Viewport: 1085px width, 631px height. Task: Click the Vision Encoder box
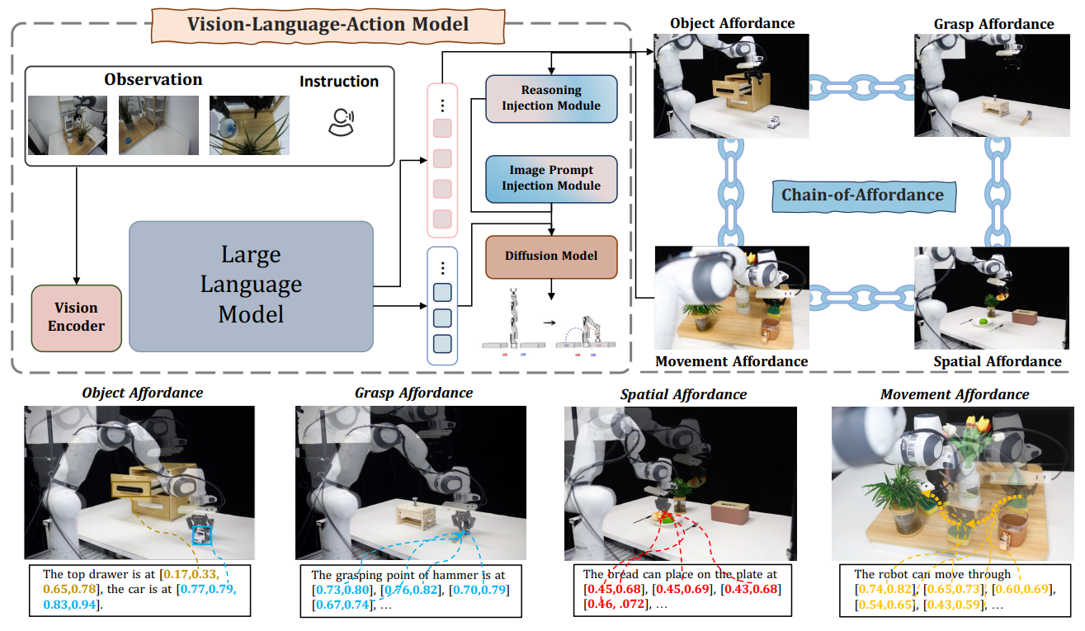pos(76,317)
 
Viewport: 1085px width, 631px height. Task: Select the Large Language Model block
pos(251,284)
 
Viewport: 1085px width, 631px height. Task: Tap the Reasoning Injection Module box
pos(551,98)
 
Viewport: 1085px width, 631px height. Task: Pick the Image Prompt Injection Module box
pos(551,178)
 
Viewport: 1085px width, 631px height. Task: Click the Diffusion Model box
pos(551,256)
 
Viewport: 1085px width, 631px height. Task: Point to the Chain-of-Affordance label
pos(862,195)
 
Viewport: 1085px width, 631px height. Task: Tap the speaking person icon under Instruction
pos(339,121)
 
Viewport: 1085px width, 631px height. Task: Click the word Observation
pos(153,80)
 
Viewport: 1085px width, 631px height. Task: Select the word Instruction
pos(339,81)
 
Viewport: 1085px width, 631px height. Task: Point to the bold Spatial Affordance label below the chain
pos(997,361)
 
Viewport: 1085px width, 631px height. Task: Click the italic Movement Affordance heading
pos(955,394)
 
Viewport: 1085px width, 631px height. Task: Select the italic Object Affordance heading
pos(142,393)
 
